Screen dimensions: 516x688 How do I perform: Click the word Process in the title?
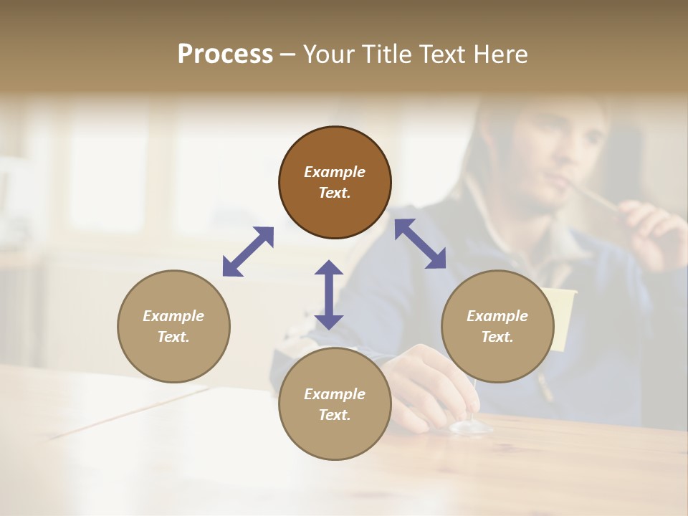tap(225, 54)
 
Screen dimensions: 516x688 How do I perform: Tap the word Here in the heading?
tap(500, 54)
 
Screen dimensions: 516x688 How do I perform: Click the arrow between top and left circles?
tap(248, 252)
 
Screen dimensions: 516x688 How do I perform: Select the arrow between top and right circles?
tap(421, 244)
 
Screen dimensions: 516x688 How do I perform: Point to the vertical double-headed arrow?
tap(329, 295)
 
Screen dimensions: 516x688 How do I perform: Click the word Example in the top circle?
tap(335, 172)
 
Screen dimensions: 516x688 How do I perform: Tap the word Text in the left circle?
tap(173, 337)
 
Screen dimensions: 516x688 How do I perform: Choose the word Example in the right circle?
tap(497, 316)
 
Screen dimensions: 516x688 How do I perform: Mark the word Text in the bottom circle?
tap(335, 415)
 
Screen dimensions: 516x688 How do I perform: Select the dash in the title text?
tap(287, 55)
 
